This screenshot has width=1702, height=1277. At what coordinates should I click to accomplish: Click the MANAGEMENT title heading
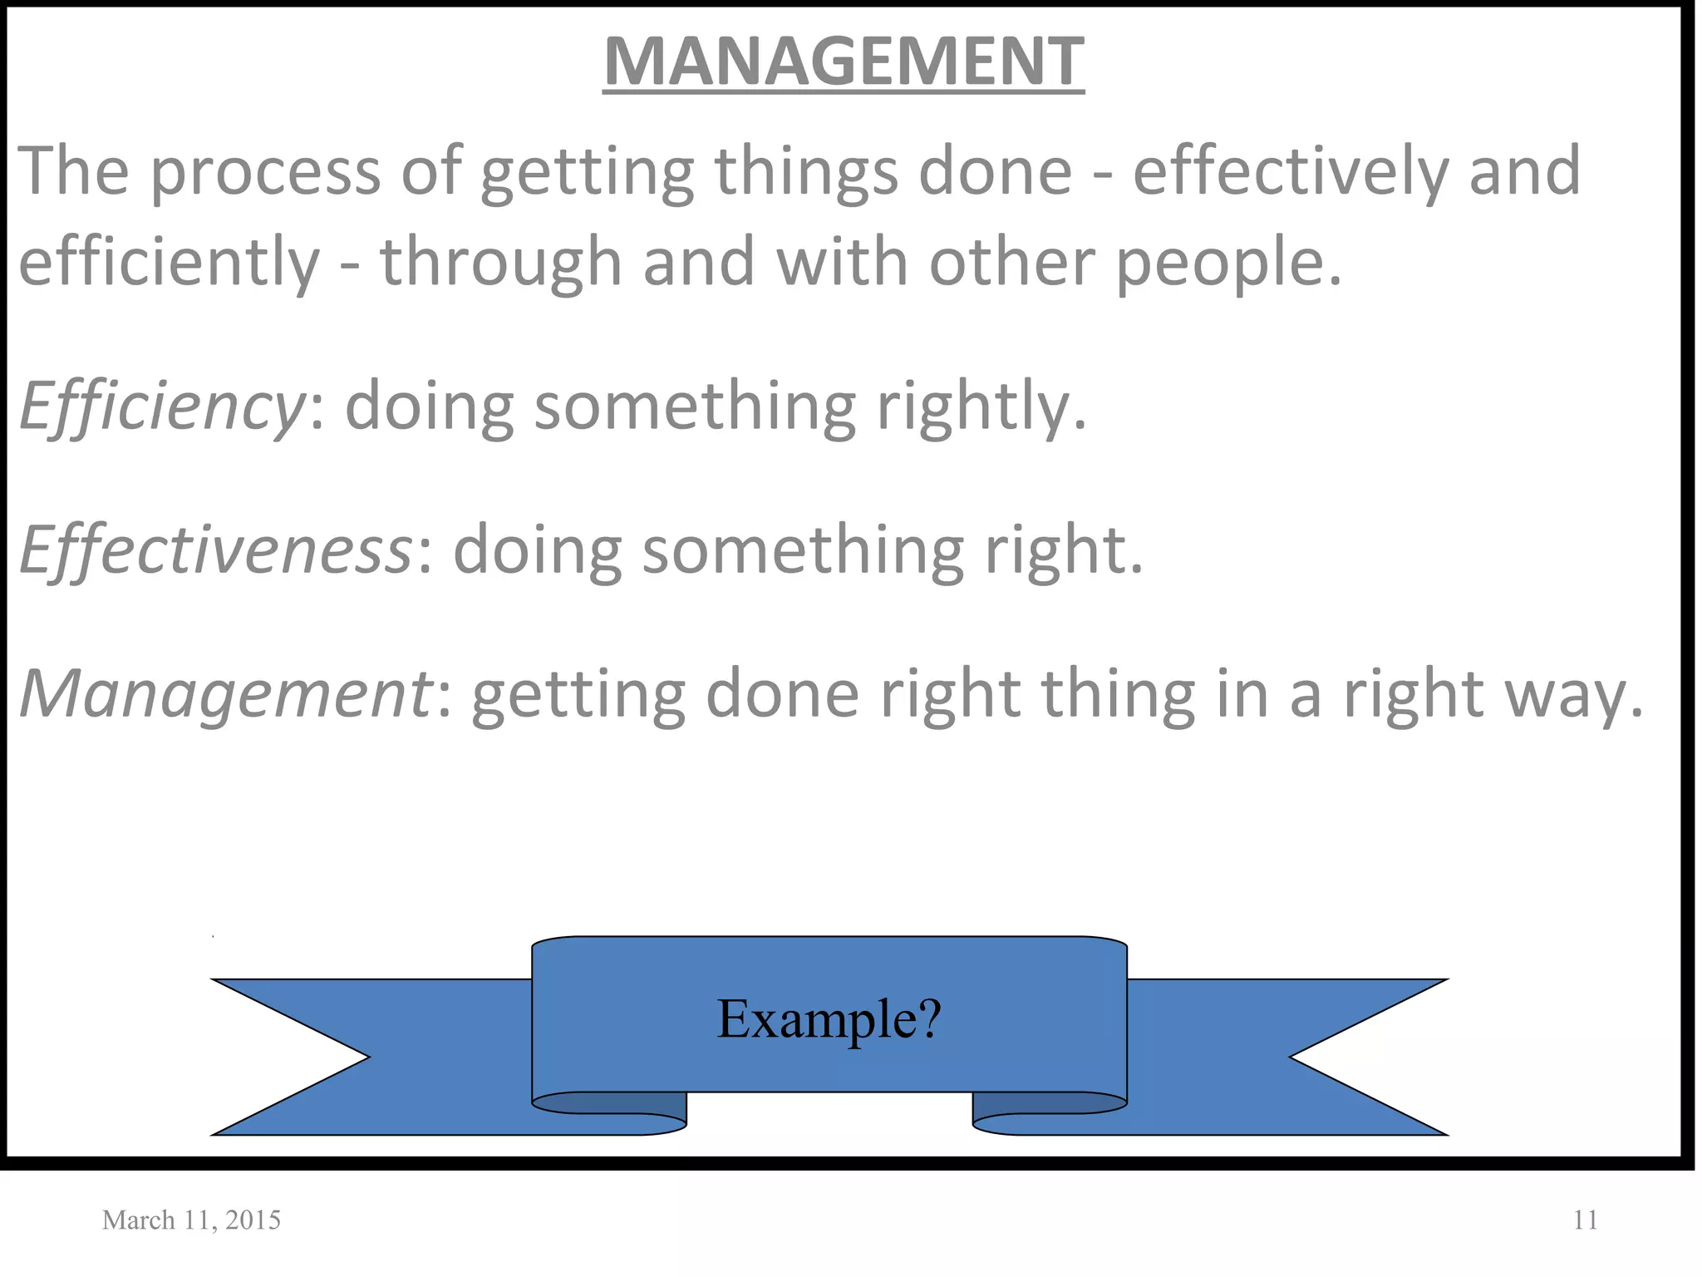(x=843, y=62)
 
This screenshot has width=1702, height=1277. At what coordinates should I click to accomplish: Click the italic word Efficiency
(x=162, y=407)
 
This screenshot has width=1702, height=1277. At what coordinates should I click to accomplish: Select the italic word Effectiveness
(x=215, y=550)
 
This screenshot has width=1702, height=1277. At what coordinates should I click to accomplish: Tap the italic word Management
(x=224, y=694)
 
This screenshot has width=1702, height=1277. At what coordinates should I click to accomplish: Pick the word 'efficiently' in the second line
(x=169, y=262)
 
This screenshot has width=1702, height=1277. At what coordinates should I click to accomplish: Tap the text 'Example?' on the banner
(x=829, y=1018)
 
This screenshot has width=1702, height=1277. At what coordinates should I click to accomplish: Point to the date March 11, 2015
(x=191, y=1220)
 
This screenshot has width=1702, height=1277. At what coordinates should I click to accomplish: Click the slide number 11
(x=1586, y=1220)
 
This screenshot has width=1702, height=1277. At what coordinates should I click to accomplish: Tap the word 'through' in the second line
(x=501, y=262)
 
